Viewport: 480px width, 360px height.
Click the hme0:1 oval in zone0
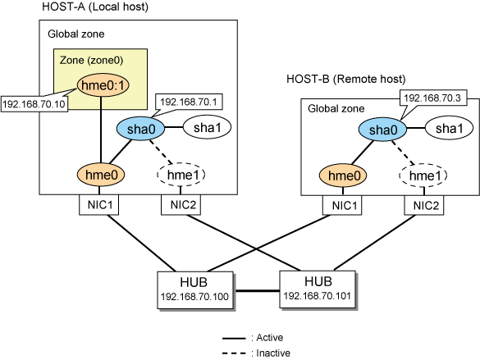click(x=103, y=85)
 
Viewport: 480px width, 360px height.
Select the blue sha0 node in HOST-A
click(x=141, y=129)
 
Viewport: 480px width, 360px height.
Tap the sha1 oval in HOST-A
click(x=207, y=128)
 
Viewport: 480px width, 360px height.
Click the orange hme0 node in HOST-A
click(x=101, y=175)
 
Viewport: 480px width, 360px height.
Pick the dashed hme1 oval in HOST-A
click(x=181, y=175)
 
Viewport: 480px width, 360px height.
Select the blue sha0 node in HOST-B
click(x=382, y=130)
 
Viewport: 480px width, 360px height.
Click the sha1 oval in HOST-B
click(x=449, y=128)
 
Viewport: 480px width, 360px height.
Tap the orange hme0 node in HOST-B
click(x=343, y=175)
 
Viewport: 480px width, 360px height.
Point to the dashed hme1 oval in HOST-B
click(x=423, y=175)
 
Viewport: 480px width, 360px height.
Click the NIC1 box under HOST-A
click(x=99, y=205)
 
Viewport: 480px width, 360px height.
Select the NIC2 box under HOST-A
click(x=181, y=205)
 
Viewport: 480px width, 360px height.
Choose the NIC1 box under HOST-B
click(x=342, y=205)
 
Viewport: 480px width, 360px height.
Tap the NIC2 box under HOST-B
click(x=424, y=205)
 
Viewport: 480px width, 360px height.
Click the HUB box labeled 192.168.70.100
click(x=195, y=290)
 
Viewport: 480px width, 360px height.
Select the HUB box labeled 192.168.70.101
click(x=318, y=289)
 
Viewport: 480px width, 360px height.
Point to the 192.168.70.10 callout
click(x=34, y=104)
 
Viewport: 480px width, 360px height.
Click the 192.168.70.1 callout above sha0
click(x=189, y=102)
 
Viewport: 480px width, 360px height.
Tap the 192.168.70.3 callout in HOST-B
click(x=432, y=98)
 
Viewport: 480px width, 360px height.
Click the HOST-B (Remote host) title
click(x=346, y=80)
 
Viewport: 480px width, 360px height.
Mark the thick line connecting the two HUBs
click(x=257, y=290)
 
